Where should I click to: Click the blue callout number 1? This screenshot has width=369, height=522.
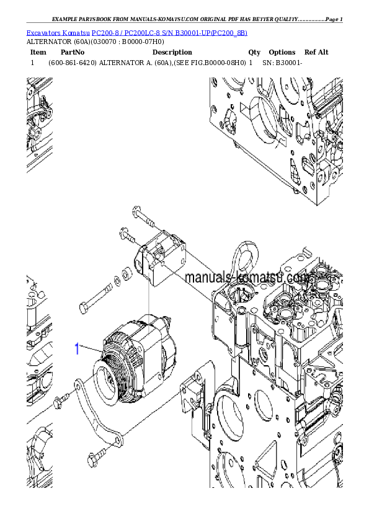pos(77,349)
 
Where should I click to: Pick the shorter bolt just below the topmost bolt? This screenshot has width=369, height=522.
pos(127,236)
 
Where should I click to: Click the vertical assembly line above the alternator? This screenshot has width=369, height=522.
pos(149,298)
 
